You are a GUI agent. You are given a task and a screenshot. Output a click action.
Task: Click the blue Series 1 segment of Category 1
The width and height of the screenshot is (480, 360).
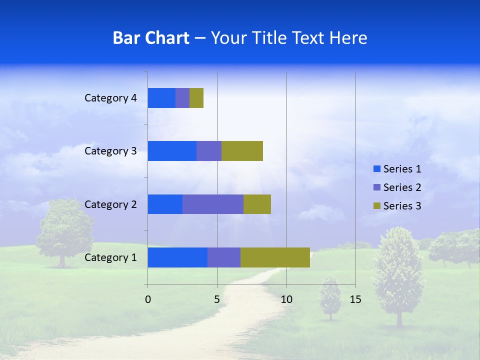coord(177,257)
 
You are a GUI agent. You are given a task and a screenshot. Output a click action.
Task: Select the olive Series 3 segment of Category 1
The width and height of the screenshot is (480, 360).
coord(275,257)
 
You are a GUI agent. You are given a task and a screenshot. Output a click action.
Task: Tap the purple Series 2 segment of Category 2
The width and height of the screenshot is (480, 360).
coord(213,204)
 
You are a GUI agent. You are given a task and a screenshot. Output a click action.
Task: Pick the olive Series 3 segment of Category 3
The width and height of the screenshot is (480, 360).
coord(242,151)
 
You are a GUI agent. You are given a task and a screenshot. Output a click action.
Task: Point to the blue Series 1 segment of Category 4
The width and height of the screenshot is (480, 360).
coord(161,98)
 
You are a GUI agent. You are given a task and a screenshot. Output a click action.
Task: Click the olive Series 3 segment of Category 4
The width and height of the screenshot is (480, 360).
coord(196,98)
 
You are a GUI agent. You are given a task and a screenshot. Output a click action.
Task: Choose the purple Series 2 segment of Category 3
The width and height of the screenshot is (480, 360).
coord(209,151)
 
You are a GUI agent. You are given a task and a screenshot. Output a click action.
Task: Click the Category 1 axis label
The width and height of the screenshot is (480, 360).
coord(110,257)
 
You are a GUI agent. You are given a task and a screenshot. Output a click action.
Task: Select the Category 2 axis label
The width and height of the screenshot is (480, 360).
coord(110,204)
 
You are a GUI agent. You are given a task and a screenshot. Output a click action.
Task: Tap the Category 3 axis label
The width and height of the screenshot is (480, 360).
coord(110,151)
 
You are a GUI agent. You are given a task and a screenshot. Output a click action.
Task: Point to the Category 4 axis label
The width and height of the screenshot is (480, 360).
coord(110,98)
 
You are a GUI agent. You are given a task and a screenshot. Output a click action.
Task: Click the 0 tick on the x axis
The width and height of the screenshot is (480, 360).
coord(148,299)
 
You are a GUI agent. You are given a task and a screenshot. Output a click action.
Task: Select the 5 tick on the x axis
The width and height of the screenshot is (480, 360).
coord(217,299)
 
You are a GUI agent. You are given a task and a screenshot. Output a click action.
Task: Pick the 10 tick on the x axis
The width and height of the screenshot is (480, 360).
coord(286,299)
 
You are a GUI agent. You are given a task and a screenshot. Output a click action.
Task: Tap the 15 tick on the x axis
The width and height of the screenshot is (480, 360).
coord(355,299)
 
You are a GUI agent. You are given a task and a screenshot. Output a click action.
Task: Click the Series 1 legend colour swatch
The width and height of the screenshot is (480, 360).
coord(376,169)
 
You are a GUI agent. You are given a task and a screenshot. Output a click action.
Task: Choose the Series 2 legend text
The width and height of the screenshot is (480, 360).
coord(402,187)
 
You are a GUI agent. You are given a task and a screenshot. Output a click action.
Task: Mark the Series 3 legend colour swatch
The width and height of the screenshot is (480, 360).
coord(376,206)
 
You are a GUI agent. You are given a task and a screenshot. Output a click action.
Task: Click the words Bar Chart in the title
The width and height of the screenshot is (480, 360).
coord(151,38)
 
